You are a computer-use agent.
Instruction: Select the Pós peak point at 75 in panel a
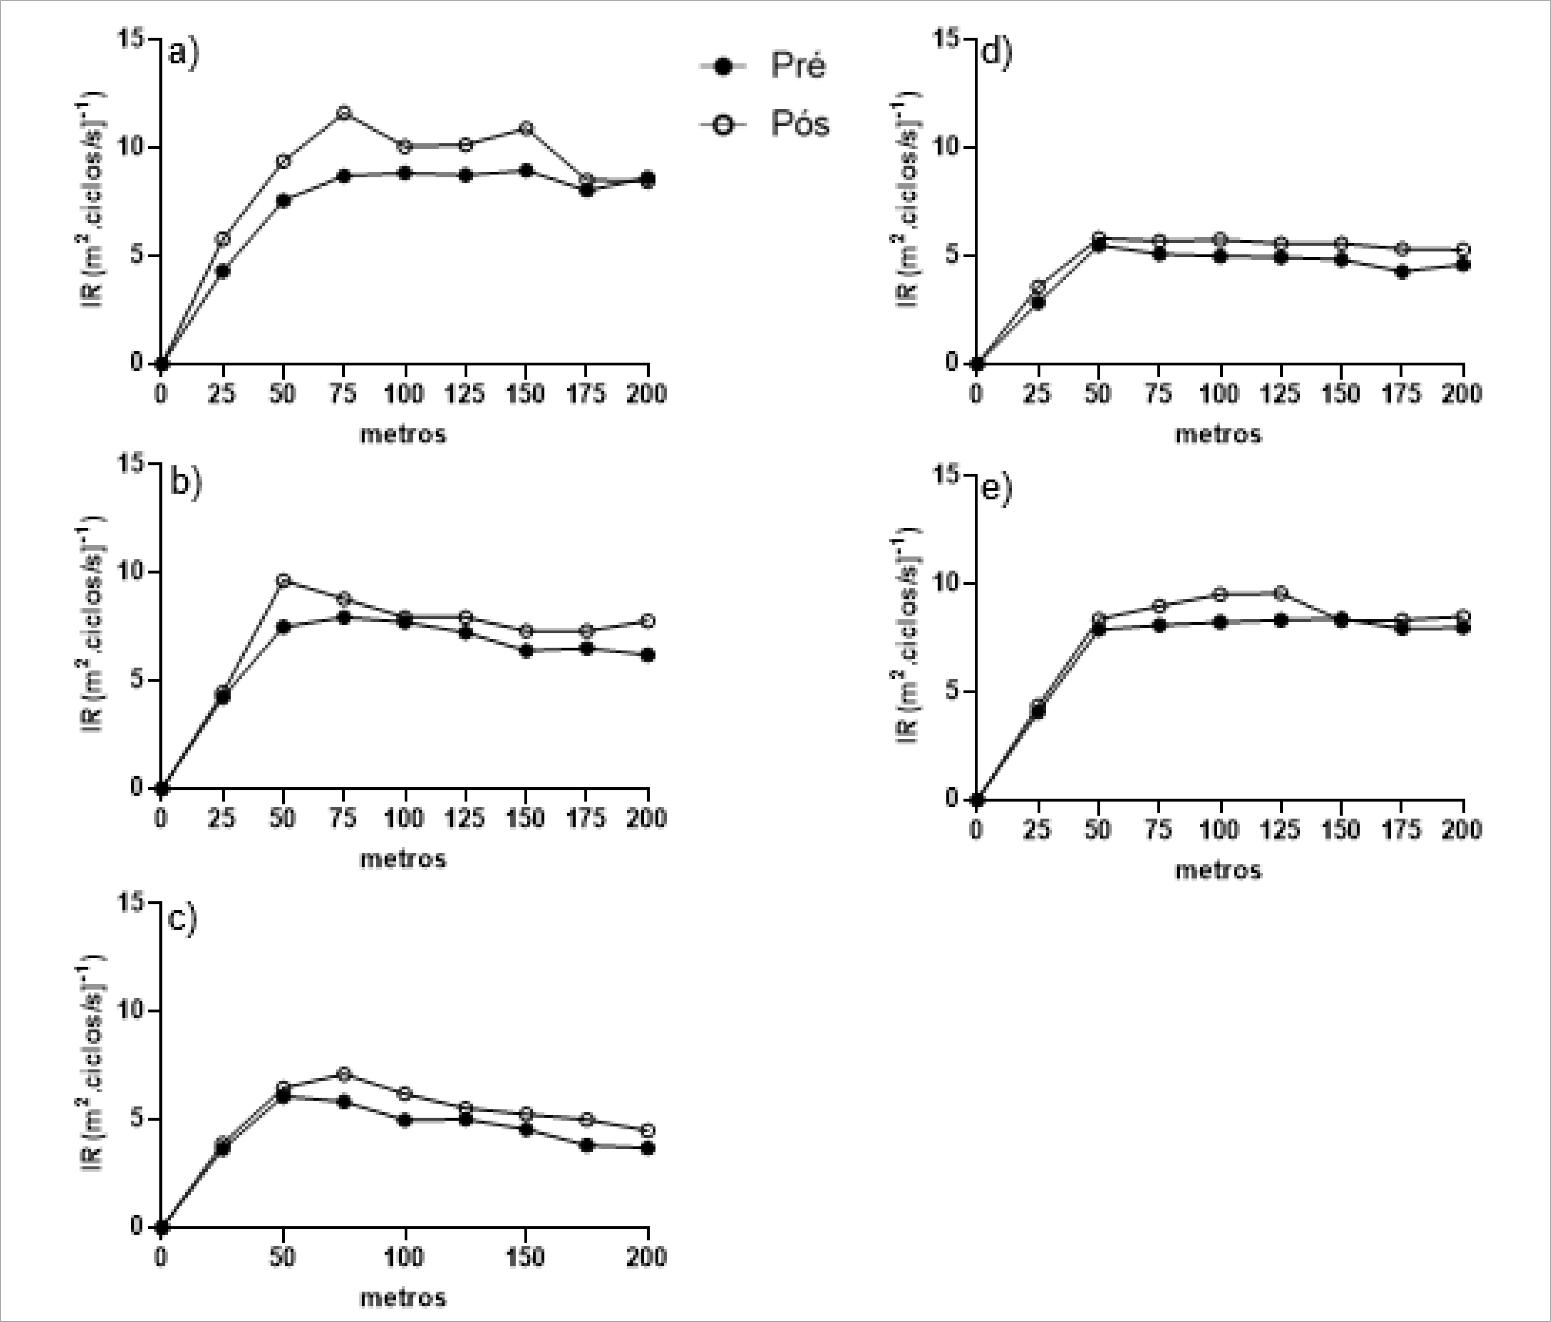point(344,113)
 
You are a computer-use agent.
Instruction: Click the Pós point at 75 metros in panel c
point(344,1073)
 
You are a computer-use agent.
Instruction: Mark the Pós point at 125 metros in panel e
point(1281,593)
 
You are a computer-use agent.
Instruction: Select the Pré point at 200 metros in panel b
point(647,655)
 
